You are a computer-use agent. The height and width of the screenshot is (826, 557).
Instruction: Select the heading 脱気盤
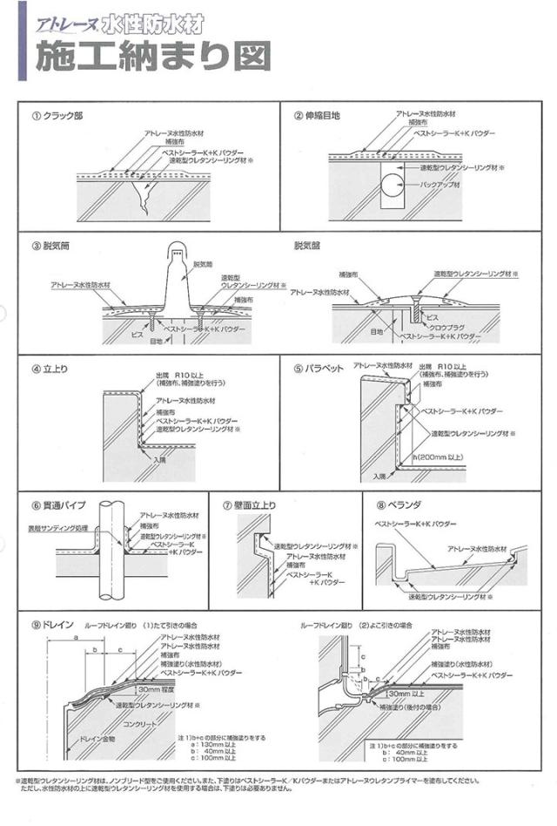pos(307,247)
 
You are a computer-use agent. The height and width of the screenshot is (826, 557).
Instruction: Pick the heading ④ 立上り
pos(50,369)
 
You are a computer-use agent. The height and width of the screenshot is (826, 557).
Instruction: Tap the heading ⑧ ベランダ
pos(397,505)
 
